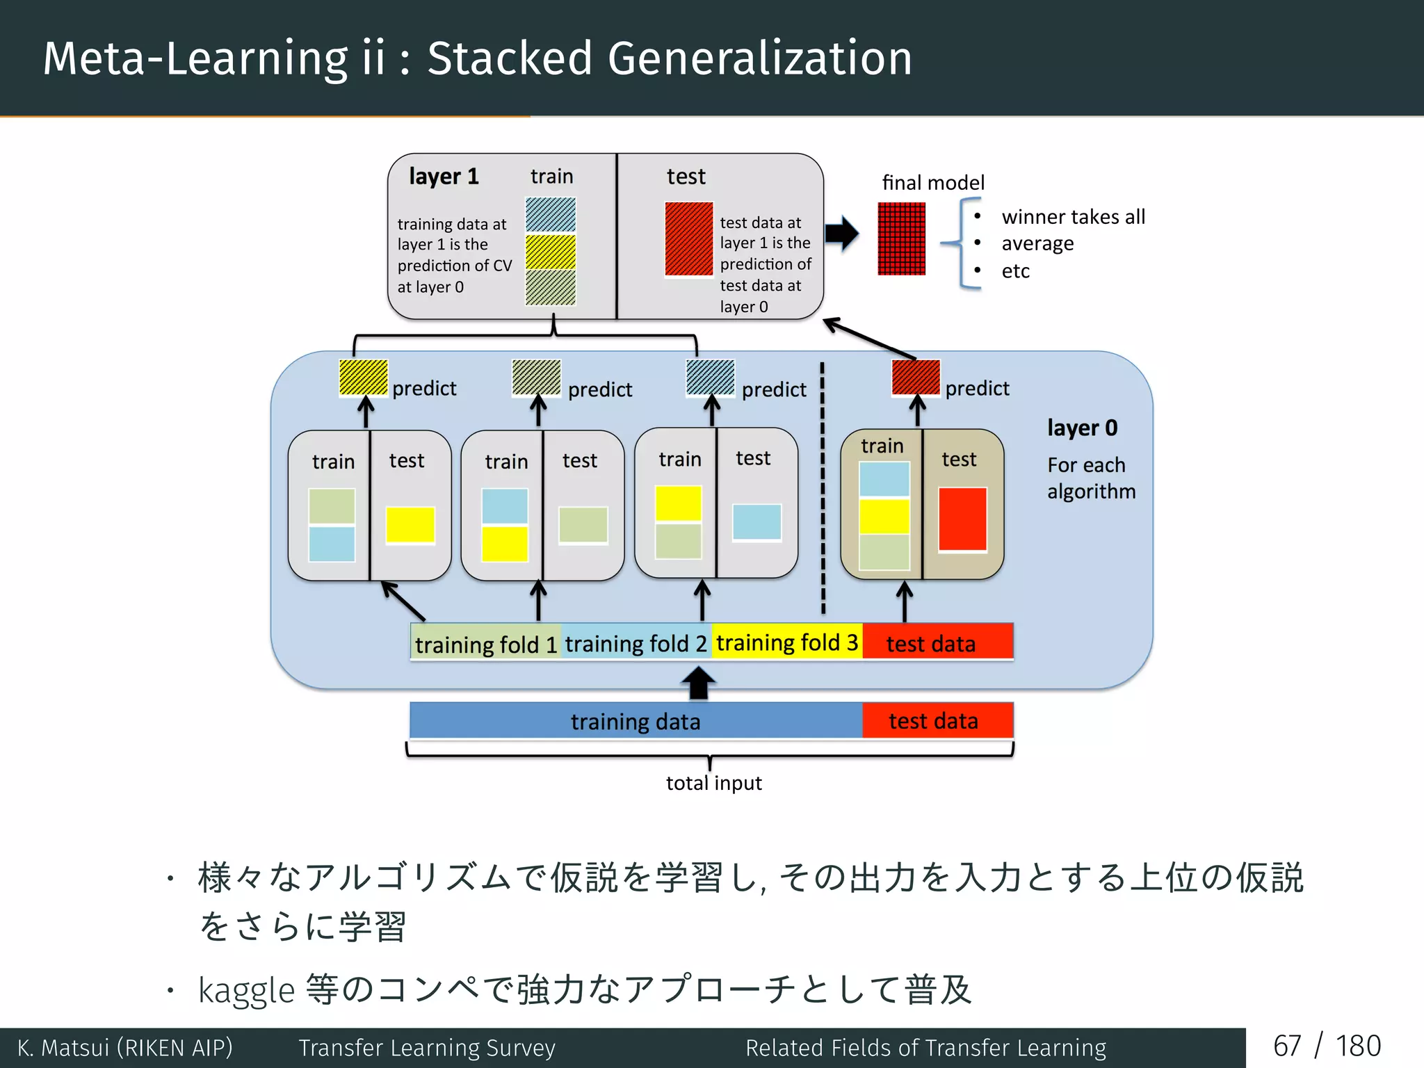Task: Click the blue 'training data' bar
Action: point(636,721)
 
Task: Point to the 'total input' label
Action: point(713,783)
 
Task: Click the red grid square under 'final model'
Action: point(901,238)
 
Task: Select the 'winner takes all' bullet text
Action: point(1073,217)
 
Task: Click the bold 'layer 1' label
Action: point(444,177)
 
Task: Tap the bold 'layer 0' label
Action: point(1082,428)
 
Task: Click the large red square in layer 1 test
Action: point(688,238)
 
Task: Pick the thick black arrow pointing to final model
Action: point(842,233)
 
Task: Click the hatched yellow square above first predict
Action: point(363,378)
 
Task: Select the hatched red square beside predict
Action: point(916,377)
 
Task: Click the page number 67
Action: point(1286,1046)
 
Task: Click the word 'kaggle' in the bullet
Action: point(246,990)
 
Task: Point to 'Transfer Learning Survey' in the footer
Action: point(427,1047)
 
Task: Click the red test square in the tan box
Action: point(962,519)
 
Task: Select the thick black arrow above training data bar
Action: point(698,683)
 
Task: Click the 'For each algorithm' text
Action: point(1090,478)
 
